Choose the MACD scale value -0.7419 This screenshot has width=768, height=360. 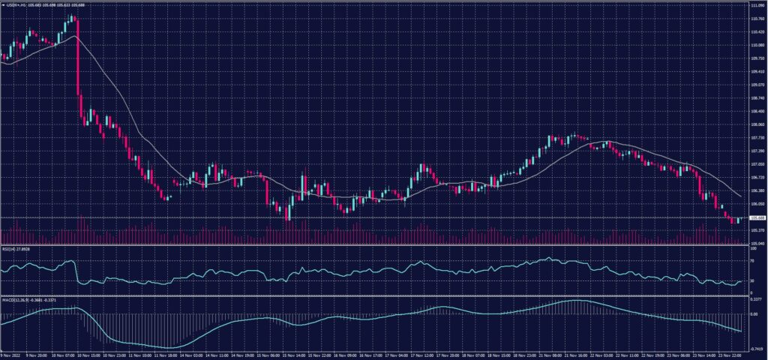[x=755, y=349]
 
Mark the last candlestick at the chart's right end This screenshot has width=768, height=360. [x=739, y=220]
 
